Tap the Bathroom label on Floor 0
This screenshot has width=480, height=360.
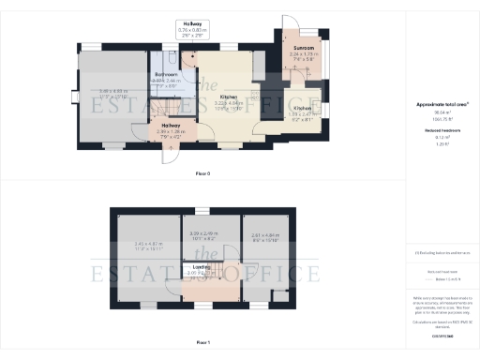click(x=166, y=73)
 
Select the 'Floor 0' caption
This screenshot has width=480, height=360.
click(x=202, y=174)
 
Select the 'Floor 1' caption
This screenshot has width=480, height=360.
click(x=202, y=343)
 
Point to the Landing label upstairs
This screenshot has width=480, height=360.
click(x=201, y=267)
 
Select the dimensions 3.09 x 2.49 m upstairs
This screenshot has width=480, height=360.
click(x=202, y=233)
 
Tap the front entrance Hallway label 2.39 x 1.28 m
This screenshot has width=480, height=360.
click(x=171, y=126)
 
